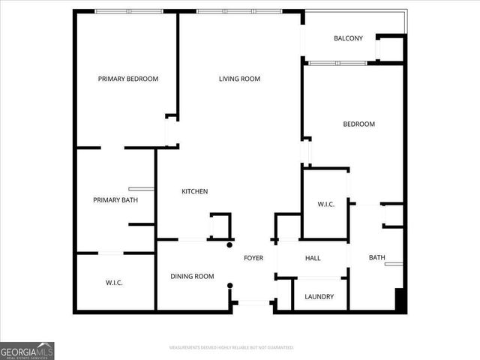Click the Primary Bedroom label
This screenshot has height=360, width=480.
point(128,79)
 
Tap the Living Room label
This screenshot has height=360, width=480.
point(239,79)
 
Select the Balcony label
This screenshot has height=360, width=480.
point(348,38)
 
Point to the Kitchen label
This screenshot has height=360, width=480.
point(194,191)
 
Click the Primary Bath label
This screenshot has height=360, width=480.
point(115,199)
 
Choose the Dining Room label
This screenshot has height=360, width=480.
point(192,276)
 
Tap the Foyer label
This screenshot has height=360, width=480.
point(253,258)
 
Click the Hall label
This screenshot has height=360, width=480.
point(313,258)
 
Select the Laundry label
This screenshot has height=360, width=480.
point(319,296)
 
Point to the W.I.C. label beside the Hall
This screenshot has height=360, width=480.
point(325,204)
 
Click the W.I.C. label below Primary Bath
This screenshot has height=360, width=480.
point(114,282)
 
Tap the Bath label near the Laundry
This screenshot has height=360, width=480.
point(376,258)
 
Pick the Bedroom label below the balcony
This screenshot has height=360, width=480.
point(358,124)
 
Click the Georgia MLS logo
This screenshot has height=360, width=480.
point(27,350)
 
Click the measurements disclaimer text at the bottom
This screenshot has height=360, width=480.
point(231,347)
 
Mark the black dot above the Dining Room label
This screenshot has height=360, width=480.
point(229,244)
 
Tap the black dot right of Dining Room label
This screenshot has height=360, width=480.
point(229,285)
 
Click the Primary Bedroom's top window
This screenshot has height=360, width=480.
point(128,11)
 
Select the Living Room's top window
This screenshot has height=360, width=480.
point(238,11)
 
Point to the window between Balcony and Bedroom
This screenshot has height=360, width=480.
point(337,63)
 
